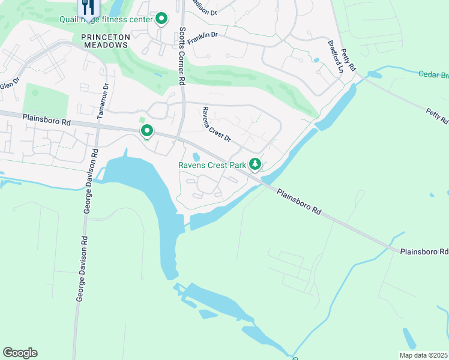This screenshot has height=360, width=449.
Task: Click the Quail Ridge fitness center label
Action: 106,19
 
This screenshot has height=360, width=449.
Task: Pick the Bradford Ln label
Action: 335,56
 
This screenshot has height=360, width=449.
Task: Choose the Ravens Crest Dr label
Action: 217,124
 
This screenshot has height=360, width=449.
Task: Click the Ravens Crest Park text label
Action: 212,164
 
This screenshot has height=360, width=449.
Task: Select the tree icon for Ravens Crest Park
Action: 255,164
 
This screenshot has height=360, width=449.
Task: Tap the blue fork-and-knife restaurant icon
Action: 88,7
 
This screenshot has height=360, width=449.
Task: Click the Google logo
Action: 20,353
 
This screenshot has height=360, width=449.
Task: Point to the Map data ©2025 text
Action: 423,355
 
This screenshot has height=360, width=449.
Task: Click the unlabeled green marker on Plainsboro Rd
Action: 146,130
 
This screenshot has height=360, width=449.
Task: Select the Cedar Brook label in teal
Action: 433,74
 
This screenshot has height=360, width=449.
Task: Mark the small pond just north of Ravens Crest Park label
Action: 196,157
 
